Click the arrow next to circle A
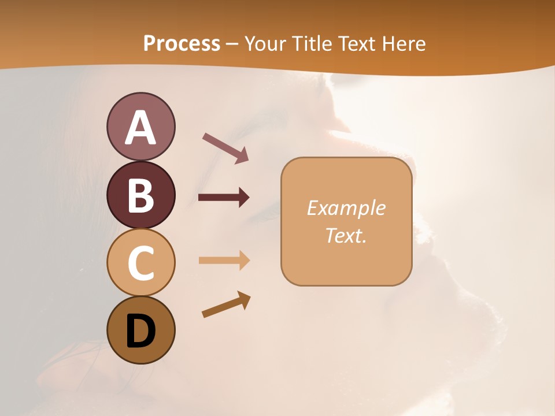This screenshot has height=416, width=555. tap(225, 147)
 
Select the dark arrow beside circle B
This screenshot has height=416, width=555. tap(224, 198)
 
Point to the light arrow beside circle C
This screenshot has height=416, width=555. tap(224, 260)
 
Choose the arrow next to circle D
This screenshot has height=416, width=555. tap(227, 304)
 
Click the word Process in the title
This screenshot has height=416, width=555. tap(182, 43)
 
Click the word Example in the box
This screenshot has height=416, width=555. tap(346, 208)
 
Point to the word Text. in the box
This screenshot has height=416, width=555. tap(346, 235)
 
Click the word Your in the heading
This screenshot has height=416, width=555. tap(266, 43)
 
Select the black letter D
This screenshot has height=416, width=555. tap(140, 331)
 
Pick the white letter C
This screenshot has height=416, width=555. tap(140, 263)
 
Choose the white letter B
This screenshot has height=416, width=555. tap(140, 195)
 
